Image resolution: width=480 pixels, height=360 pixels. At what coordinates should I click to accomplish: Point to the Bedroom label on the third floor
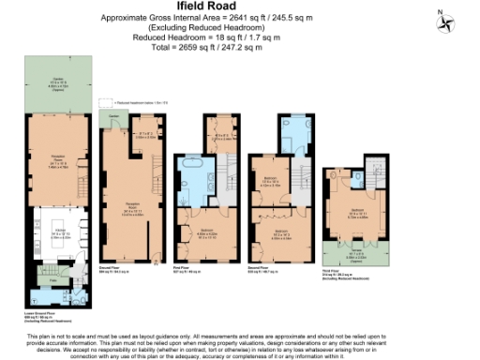[357, 210]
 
